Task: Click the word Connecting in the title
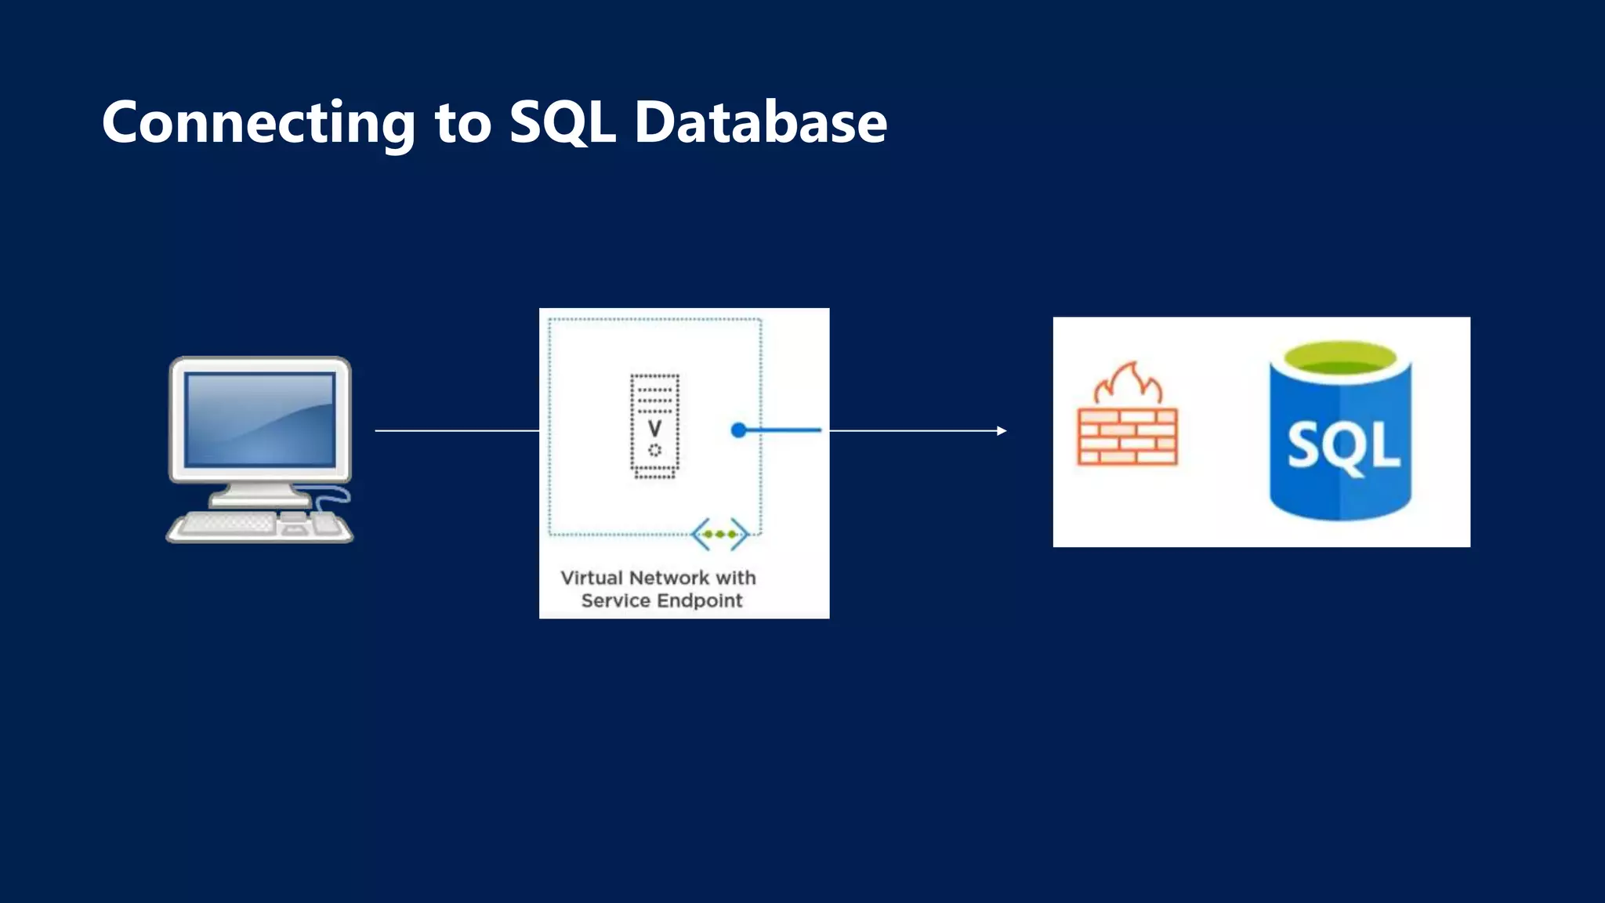259,123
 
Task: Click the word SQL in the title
562,123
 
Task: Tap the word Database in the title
760,123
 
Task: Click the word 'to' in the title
462,125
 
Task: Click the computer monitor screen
260,420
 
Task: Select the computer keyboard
227,523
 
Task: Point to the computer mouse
325,523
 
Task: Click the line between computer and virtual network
456,430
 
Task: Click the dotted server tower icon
654,426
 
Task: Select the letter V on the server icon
654,429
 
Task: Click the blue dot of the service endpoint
738,430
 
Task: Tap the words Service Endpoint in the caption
661,600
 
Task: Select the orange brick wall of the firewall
1127,437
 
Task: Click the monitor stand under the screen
259,493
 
